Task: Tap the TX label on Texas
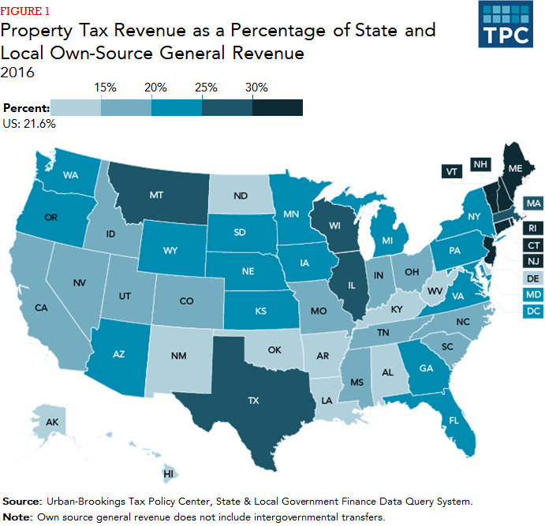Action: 253,401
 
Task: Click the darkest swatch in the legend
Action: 278,108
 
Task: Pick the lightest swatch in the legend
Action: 76,108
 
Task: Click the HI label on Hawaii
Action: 167,474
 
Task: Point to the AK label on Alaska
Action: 53,423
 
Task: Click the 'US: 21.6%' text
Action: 29,123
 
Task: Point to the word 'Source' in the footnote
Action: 24,502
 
